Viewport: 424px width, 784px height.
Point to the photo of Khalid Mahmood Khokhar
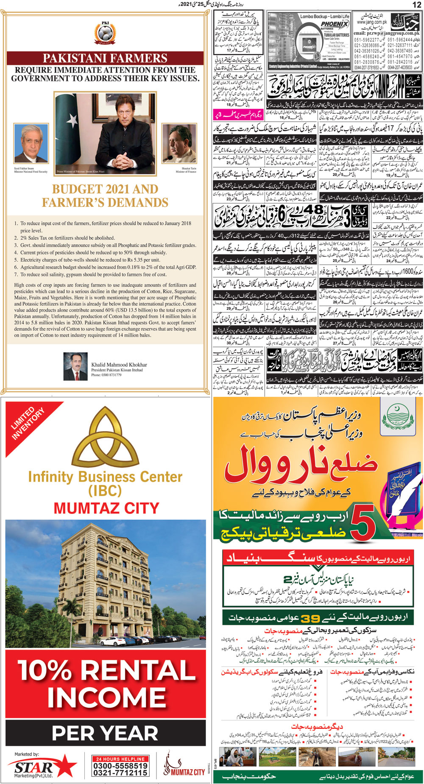coord(75,366)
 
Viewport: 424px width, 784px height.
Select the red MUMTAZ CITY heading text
coord(106,508)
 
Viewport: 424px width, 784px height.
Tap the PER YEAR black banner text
coord(105,734)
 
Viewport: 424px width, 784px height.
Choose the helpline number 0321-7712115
coord(120,773)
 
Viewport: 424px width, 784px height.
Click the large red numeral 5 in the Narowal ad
coord(363,526)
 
